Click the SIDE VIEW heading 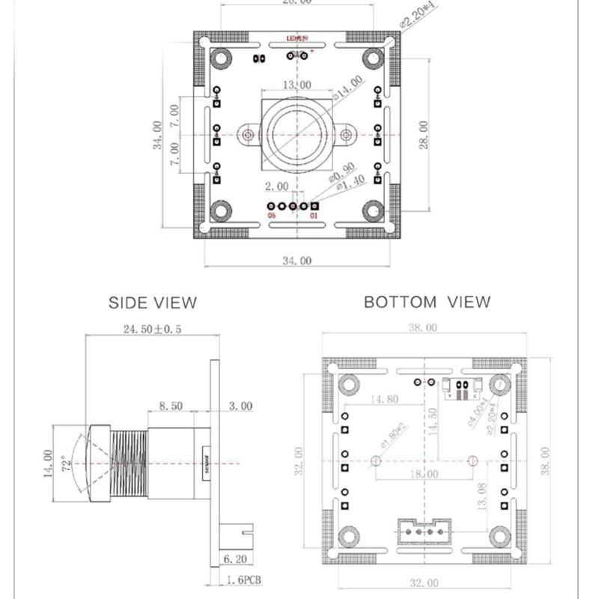pos(153,302)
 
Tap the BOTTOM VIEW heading pos(427,302)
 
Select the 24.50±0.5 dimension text pos(152,329)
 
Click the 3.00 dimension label pos(240,407)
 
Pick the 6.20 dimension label pos(236,559)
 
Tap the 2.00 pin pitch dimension pos(276,185)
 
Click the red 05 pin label pos(271,216)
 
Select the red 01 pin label pos(314,216)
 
